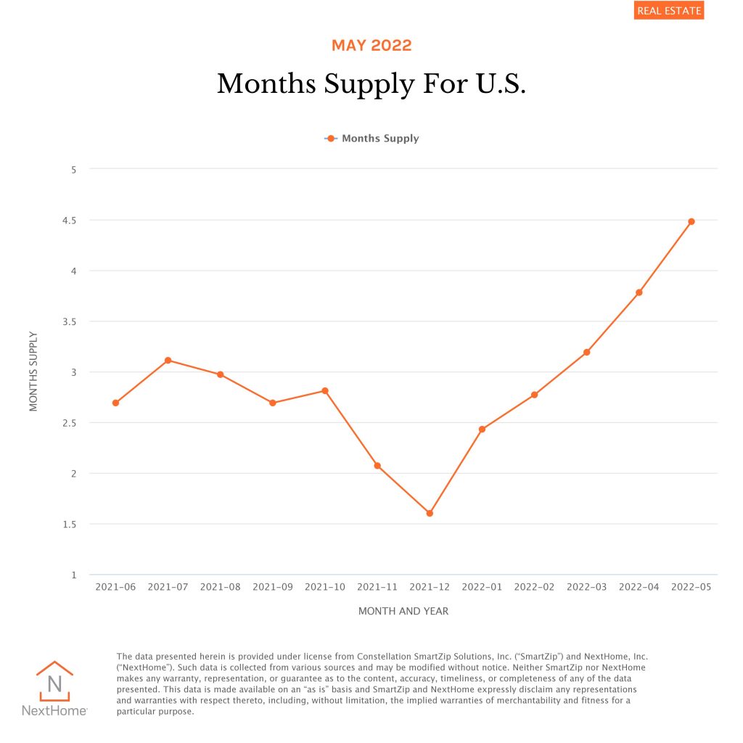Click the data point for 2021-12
(x=430, y=513)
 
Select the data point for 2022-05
(x=691, y=221)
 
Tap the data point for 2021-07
(x=168, y=360)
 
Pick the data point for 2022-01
(x=482, y=429)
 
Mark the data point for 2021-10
(x=325, y=390)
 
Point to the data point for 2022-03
(x=586, y=352)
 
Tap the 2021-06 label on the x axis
(x=116, y=586)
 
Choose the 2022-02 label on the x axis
(x=534, y=586)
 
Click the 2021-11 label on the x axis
(x=377, y=586)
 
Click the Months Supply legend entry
(x=372, y=138)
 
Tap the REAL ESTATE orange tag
(x=668, y=11)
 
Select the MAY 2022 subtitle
(x=371, y=46)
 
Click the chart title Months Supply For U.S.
(x=371, y=84)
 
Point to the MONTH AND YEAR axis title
(x=403, y=611)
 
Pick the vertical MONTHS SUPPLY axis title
(x=33, y=371)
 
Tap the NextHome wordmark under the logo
(x=54, y=711)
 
